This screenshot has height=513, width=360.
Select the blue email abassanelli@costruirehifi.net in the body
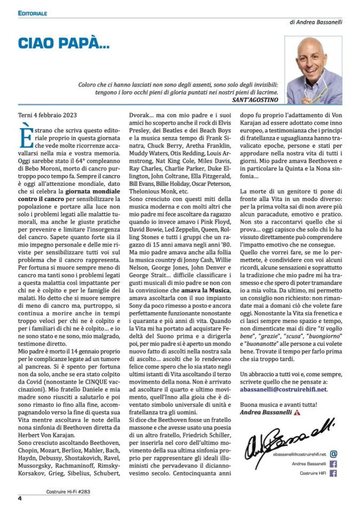point(284,390)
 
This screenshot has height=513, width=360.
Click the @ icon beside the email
point(333,454)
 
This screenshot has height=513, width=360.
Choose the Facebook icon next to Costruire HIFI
point(333,473)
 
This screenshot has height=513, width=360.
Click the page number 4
point(20,499)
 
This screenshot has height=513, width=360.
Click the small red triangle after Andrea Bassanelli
point(312,413)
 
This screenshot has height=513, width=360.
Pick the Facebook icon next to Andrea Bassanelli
point(333,464)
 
